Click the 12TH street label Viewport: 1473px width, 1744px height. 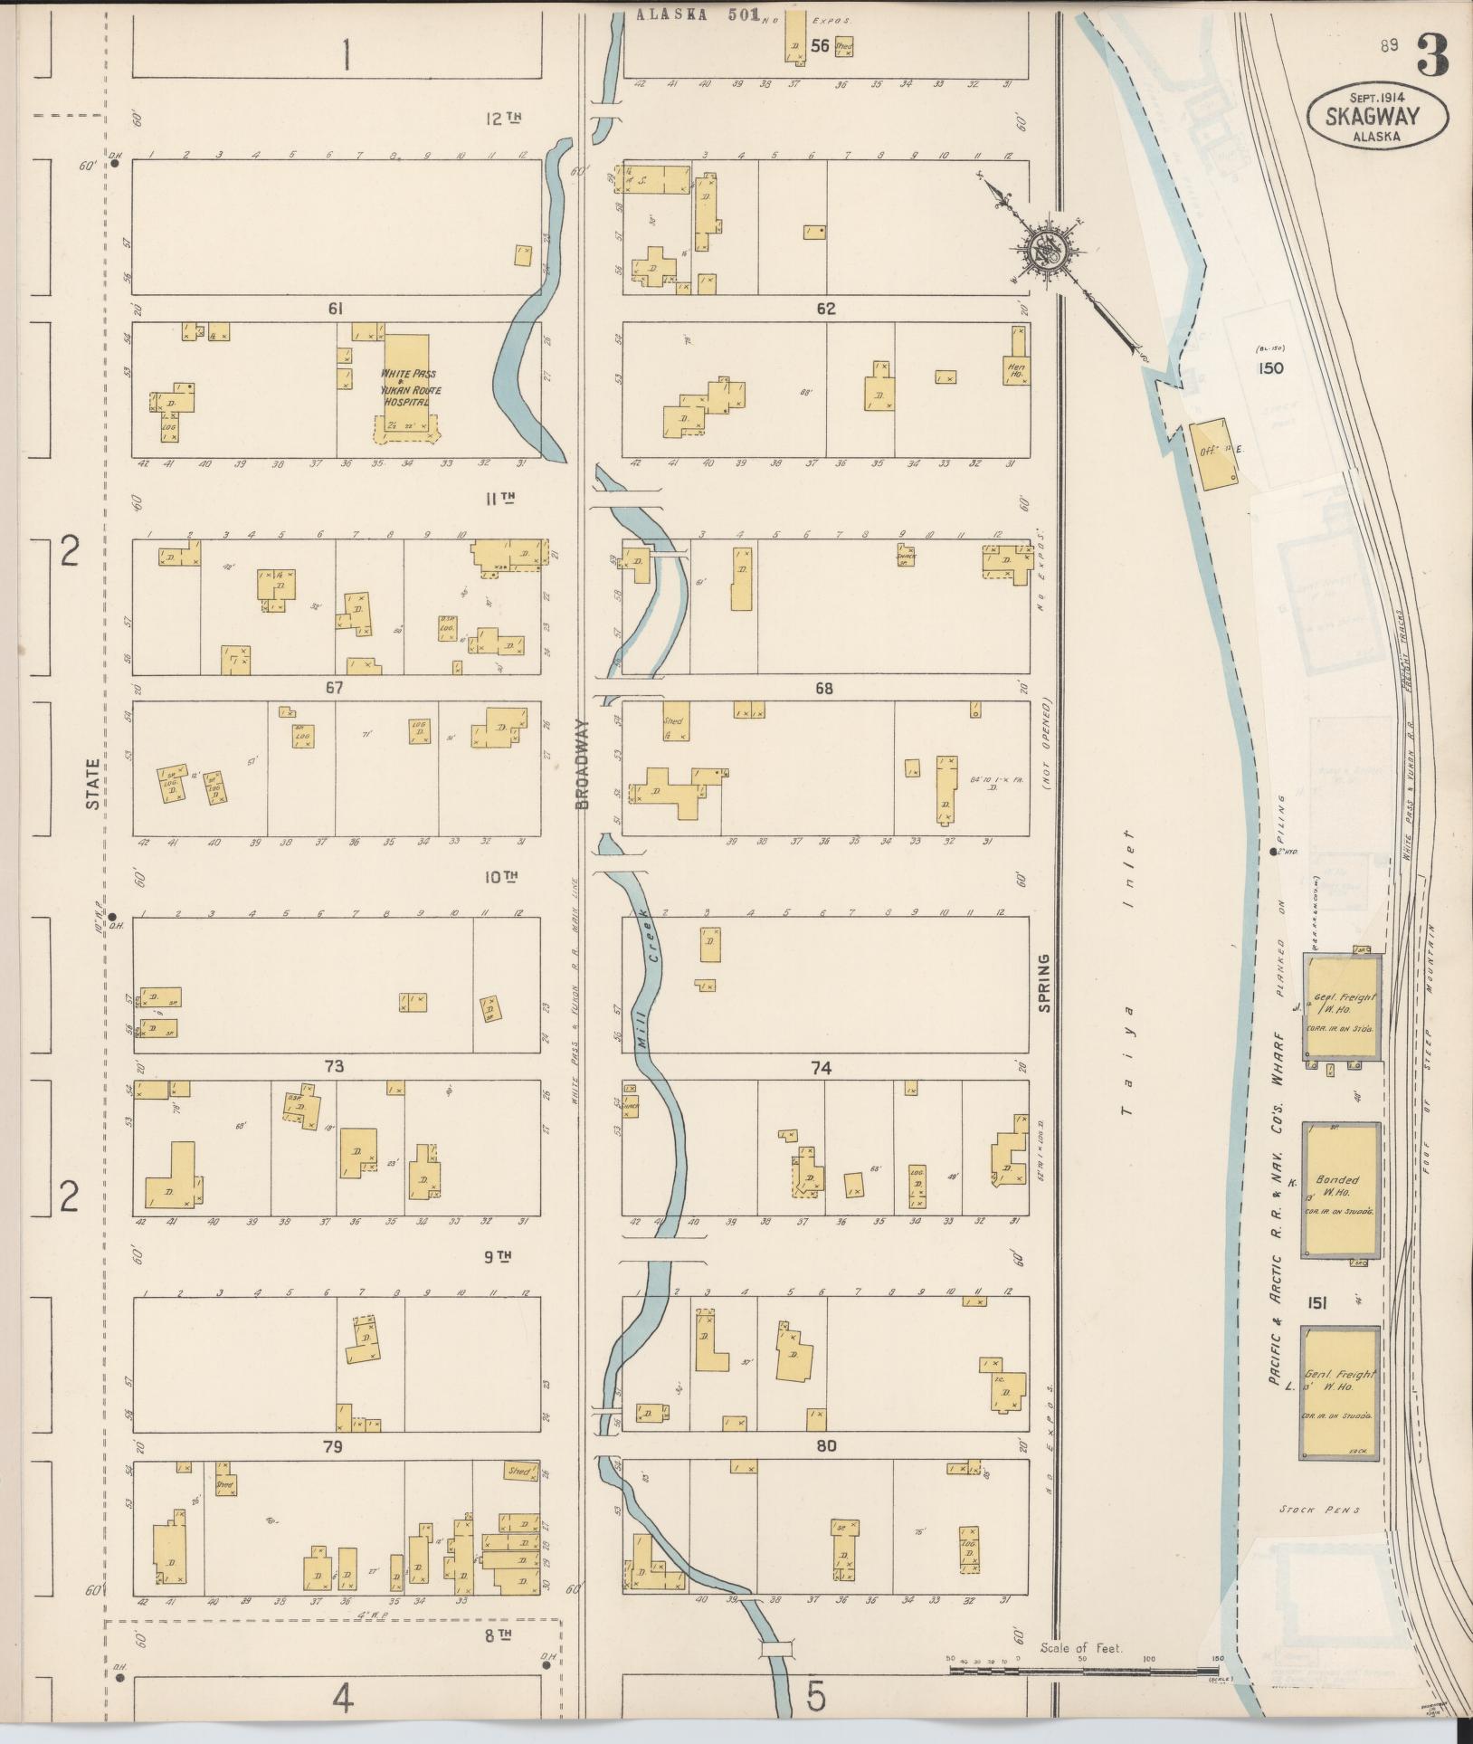pos(505,119)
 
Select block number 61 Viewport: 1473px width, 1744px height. pos(336,309)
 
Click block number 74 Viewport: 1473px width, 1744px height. pos(821,1068)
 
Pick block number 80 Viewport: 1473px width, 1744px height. pos(825,1445)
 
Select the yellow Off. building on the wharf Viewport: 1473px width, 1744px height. pos(1213,454)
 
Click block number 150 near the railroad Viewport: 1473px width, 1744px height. pos(1269,368)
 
